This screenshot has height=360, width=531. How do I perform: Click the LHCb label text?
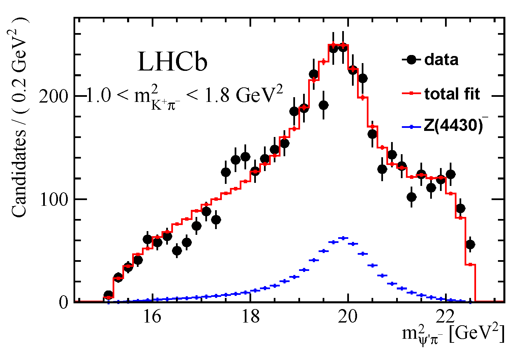(172, 62)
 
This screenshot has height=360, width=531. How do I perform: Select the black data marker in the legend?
(411, 60)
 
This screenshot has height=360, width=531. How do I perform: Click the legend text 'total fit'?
(452, 94)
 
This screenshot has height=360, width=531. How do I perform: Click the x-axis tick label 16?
(152, 317)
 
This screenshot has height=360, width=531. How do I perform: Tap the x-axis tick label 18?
(250, 317)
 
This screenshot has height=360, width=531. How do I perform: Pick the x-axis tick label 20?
(349, 317)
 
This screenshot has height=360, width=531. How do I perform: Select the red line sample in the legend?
(411, 93)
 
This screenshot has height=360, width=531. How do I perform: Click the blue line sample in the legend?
(411, 127)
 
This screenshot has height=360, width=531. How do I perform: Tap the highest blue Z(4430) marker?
(343, 238)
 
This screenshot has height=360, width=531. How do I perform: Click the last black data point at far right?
(470, 244)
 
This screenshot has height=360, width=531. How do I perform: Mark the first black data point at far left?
(108, 295)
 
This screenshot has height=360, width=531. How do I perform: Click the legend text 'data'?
(441, 60)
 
